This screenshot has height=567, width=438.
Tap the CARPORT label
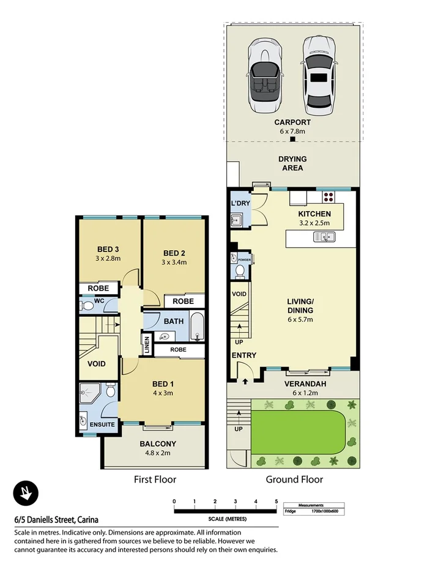point(292,121)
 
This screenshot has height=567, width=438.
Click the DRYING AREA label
point(292,163)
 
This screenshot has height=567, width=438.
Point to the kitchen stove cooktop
point(328,197)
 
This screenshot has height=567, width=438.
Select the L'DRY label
point(238,202)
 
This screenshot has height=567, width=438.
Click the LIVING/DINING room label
point(300,306)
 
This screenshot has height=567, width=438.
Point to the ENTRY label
point(243,355)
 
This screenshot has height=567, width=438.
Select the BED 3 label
point(108,249)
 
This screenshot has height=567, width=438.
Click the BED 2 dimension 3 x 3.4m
point(174,262)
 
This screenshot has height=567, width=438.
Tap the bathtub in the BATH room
point(196,327)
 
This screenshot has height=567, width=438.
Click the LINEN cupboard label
point(147,344)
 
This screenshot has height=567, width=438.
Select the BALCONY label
point(158,444)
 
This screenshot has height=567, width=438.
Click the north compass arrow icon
point(26,492)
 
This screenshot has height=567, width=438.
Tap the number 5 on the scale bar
point(277,501)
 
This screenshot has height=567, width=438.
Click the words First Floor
point(155,480)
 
